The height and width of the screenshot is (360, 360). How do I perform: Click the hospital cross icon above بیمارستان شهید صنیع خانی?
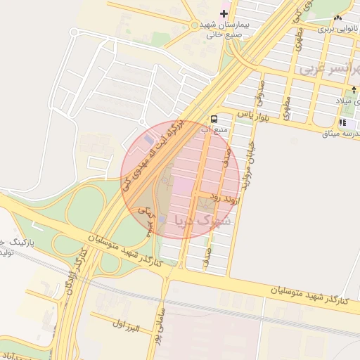pos(224,13)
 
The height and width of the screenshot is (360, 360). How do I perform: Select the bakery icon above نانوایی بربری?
pos(338,18)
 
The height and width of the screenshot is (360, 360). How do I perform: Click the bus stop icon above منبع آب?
pos(214,118)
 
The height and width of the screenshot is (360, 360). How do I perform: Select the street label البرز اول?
pos(127,327)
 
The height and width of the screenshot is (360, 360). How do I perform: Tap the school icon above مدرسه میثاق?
pos(342,122)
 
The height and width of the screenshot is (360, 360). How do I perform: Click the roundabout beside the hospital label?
pos(194,25)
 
